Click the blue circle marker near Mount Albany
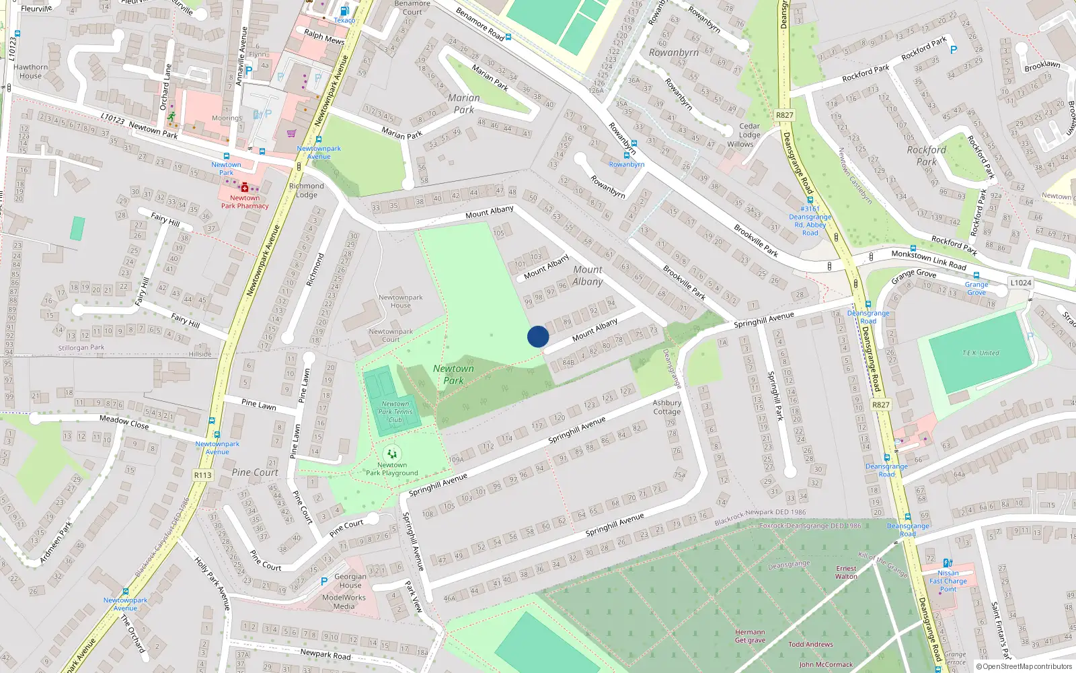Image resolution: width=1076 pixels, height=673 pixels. pos(538,336)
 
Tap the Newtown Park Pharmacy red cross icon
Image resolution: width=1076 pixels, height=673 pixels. pos(244,188)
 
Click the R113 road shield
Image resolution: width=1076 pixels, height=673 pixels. pos(202,475)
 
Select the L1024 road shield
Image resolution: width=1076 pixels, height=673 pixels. pos(1020,283)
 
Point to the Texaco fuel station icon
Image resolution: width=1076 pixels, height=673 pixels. pos(344,11)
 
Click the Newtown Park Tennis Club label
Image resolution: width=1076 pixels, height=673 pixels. pos(395,412)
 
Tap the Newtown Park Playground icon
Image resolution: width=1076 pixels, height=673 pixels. pos(392,454)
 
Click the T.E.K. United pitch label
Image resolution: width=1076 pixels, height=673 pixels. pos(980,353)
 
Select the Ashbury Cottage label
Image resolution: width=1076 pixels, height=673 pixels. pos(666,407)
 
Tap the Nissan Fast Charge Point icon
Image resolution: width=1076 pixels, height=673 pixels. pos(947,563)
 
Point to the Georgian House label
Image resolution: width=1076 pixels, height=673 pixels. pos(350,581)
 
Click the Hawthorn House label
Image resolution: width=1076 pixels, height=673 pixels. pos(31,71)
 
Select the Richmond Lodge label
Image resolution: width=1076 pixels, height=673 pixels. pos(306,190)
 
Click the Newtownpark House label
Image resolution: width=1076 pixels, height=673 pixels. pos(400,301)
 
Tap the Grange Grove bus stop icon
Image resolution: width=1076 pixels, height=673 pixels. pos(976,275)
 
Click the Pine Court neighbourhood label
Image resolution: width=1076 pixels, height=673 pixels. pos(255,472)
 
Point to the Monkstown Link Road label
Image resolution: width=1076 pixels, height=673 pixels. pos(928,260)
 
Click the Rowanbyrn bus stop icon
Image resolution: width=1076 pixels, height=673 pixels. pos(634,143)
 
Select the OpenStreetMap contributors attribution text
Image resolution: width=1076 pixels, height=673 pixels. pos(1024,666)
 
